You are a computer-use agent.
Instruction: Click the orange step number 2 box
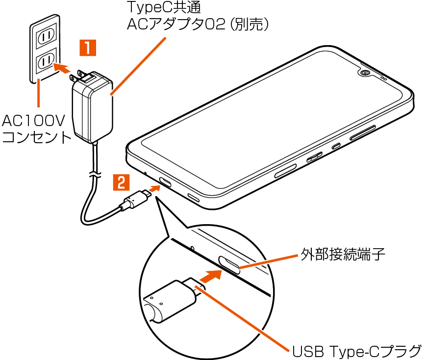click(x=121, y=182)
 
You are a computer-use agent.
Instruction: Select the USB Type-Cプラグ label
click(x=357, y=351)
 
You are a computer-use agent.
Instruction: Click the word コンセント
click(x=37, y=137)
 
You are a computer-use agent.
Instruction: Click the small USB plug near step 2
click(x=135, y=199)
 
